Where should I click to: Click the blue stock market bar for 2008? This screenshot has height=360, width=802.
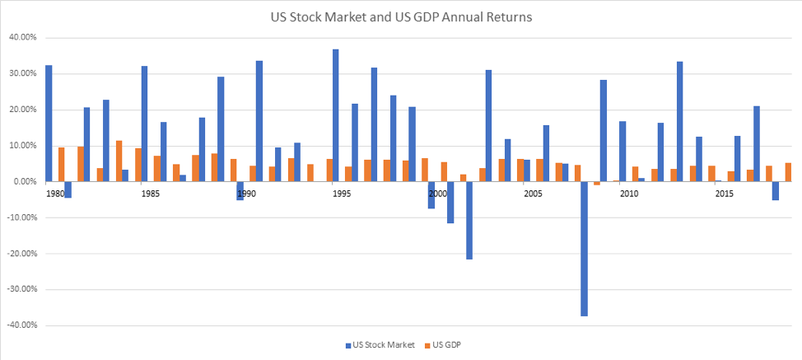point(584,248)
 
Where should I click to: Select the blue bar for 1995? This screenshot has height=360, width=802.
point(336,115)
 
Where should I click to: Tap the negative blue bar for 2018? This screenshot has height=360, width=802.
point(775,190)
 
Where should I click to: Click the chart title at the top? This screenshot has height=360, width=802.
point(400,16)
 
